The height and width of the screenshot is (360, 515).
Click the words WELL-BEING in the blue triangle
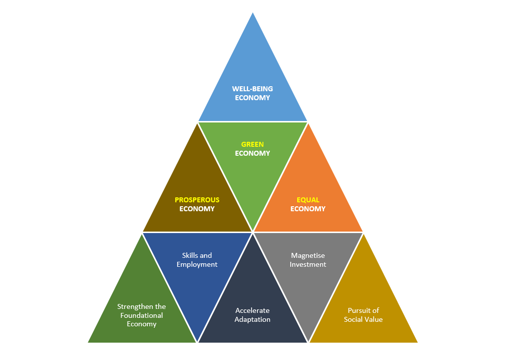click(253, 89)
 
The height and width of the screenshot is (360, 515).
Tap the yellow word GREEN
click(253, 144)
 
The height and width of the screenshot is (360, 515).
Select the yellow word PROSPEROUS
click(197, 200)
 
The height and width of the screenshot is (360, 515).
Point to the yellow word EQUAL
click(308, 200)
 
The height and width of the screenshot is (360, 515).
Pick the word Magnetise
click(308, 255)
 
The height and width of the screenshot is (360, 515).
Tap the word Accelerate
click(253, 311)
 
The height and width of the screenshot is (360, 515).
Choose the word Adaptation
click(253, 320)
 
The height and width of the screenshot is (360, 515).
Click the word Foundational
click(142, 315)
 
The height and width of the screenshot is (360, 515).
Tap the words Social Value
click(364, 320)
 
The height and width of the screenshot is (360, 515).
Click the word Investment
click(308, 264)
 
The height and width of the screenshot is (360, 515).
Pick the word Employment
click(197, 264)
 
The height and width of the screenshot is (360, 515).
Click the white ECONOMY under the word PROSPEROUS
click(197, 209)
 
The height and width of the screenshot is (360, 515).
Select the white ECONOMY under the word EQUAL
click(308, 209)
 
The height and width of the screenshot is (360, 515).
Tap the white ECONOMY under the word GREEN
click(253, 153)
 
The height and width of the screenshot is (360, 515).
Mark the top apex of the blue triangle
click(253, 13)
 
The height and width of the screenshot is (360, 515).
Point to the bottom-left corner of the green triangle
click(88, 342)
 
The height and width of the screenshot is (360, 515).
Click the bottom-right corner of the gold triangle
click(417, 342)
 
